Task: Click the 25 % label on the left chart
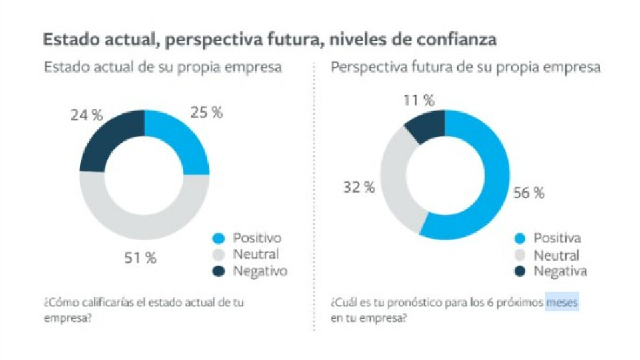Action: pos(207,112)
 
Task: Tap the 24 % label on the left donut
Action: pos(87,115)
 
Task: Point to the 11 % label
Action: pos(419,101)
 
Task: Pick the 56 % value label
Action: pos(529,193)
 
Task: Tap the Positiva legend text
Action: pos(557,238)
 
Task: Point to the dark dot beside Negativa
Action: pos(521,271)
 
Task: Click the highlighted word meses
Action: pos(562,303)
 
